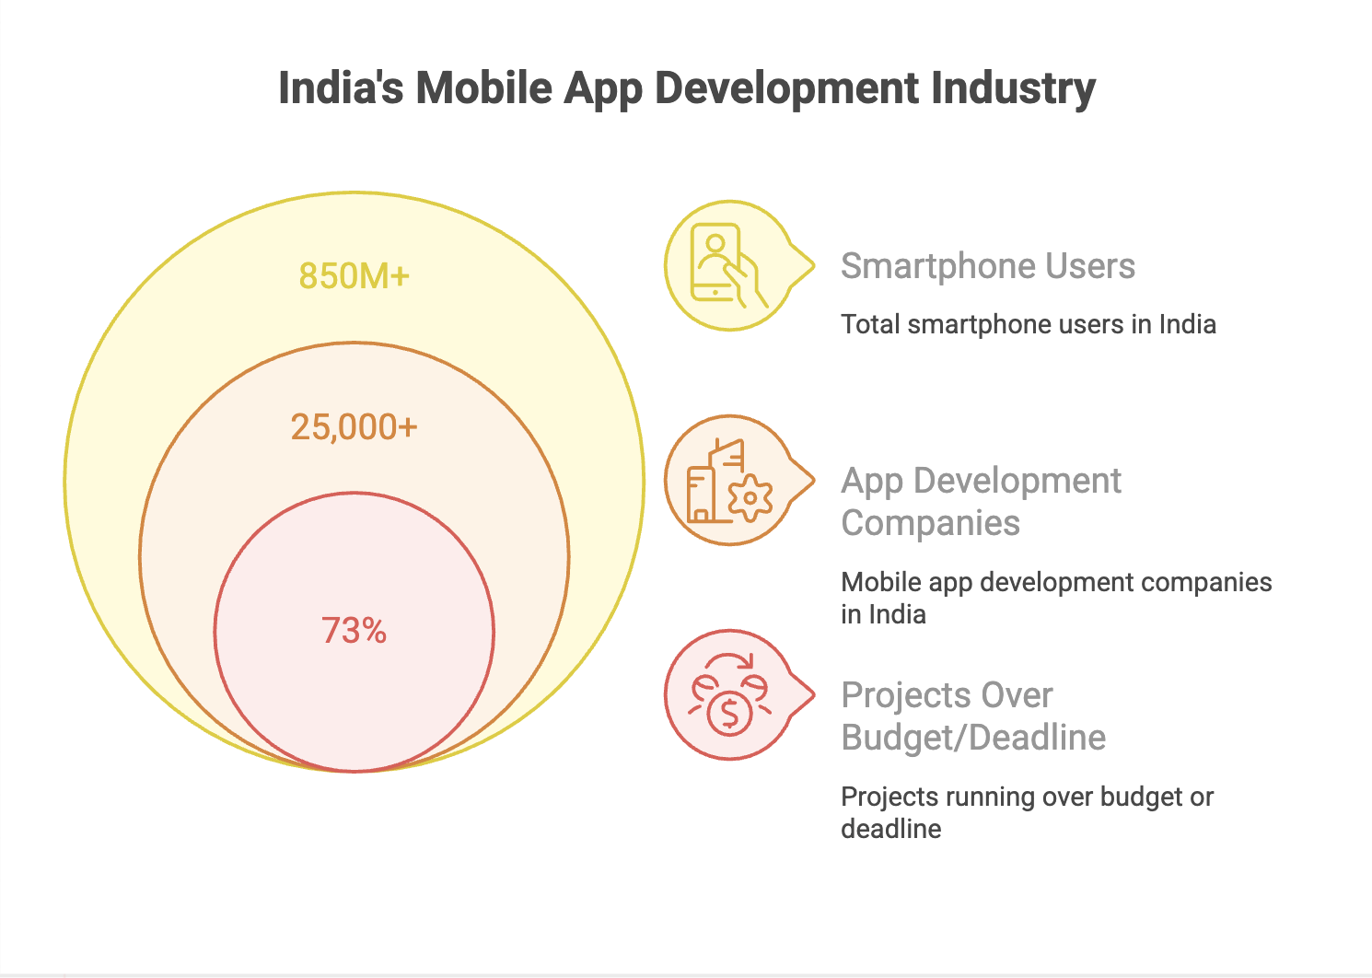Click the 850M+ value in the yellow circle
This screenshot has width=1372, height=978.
[x=355, y=276]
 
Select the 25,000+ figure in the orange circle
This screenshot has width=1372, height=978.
[x=355, y=427]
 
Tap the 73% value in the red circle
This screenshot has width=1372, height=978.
[x=355, y=631]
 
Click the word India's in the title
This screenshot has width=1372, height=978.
[x=341, y=88]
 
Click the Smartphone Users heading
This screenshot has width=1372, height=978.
[x=987, y=266]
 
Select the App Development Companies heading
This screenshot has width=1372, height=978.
[x=981, y=502]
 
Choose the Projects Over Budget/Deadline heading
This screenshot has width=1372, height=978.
[x=973, y=716]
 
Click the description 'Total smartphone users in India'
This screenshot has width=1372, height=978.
[x=1028, y=324]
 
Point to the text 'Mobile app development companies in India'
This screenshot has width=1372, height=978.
[x=1055, y=598]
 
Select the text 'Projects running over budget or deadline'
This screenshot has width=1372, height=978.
[x=1027, y=812]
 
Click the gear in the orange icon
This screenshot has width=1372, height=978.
[x=750, y=498]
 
